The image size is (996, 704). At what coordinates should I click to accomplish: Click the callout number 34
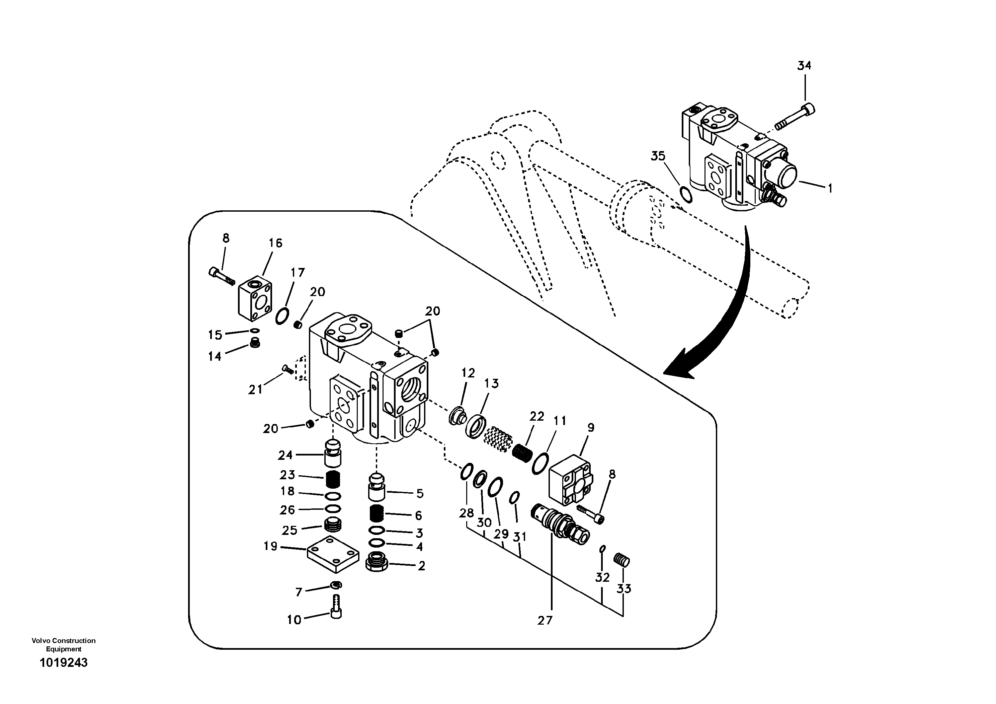(804, 66)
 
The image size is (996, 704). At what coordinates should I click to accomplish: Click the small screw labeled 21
(287, 369)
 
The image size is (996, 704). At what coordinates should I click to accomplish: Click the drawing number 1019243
(64, 663)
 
